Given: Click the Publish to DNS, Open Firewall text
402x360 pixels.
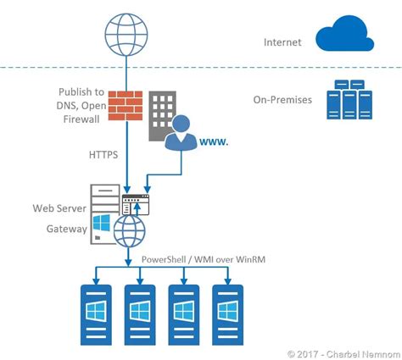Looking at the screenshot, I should tap(81, 105).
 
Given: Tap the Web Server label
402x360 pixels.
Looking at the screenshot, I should tap(59, 208).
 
